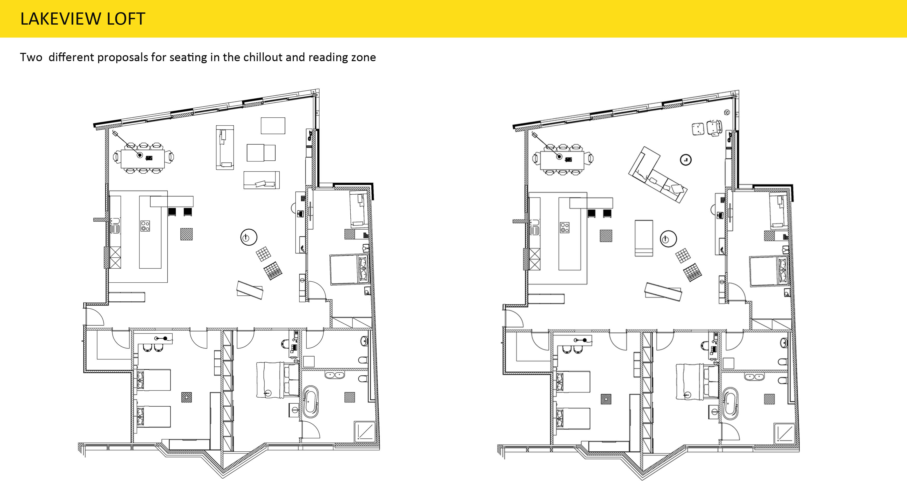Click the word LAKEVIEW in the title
click(x=61, y=19)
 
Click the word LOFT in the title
click(x=126, y=19)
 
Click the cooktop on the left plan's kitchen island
click(x=145, y=226)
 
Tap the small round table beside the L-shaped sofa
click(x=685, y=160)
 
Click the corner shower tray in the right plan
click(x=784, y=432)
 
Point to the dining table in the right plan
click(x=562, y=160)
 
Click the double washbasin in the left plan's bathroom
click(x=335, y=375)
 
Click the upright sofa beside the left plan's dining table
click(x=225, y=147)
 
